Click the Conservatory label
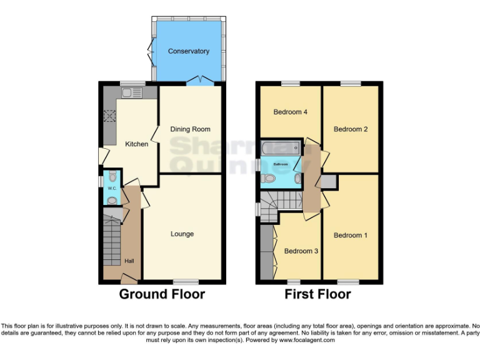(188, 51)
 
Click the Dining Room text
(190, 129)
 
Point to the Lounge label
(182, 234)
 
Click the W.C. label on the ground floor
(112, 188)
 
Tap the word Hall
(129, 261)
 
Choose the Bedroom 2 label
(350, 129)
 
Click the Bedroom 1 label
(350, 236)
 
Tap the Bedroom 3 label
(301, 251)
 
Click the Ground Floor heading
(162, 294)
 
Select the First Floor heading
(317, 294)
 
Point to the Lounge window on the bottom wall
(186, 281)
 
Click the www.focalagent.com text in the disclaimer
(307, 341)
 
